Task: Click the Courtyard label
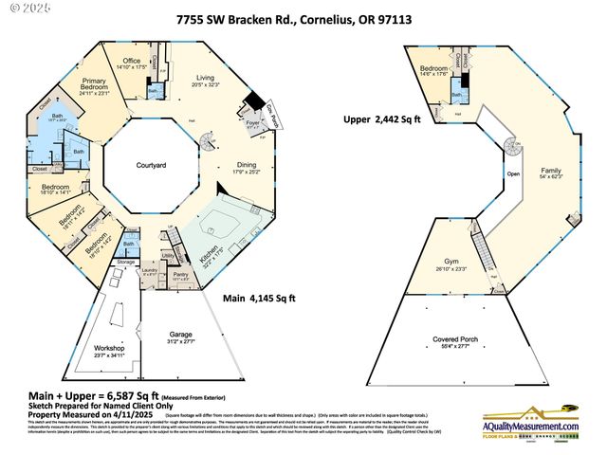[150, 165]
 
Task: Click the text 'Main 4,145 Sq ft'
[259, 298]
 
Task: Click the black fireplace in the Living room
[255, 101]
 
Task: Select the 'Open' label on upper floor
[513, 173]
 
